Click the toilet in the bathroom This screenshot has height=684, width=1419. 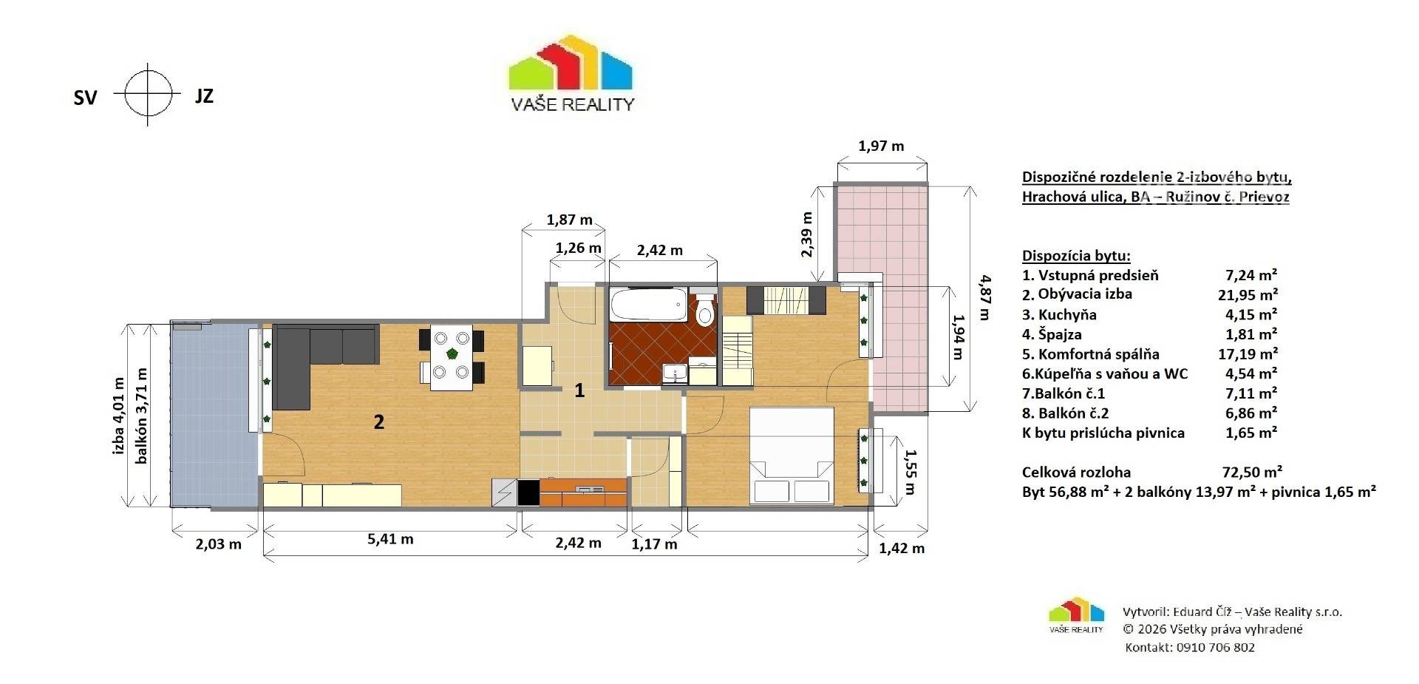tap(706, 310)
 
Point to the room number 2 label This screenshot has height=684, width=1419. tap(378, 422)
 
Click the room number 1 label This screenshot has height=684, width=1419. tap(579, 390)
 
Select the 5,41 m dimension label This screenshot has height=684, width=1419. tap(390, 539)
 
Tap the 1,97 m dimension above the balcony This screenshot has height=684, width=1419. tap(881, 146)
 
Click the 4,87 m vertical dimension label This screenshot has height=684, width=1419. tap(984, 297)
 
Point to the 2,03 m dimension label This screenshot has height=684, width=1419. tap(218, 544)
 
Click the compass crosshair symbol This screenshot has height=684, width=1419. tap(148, 94)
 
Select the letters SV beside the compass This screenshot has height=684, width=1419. tap(85, 98)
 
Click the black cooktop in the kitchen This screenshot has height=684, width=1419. tap(528, 493)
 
